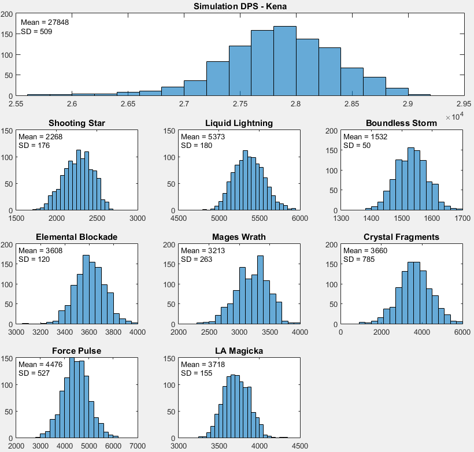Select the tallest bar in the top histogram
pyautogui.click(x=285, y=61)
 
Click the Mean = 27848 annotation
pyautogui.click(x=40, y=23)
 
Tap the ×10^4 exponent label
pyautogui.click(x=455, y=117)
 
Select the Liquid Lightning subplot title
pyautogui.click(x=239, y=123)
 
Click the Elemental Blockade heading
pyautogui.click(x=77, y=237)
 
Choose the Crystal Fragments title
pyautogui.click(x=401, y=237)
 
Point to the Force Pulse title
pyautogui.click(x=77, y=351)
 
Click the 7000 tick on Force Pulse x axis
pyautogui.click(x=138, y=446)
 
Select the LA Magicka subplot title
pyautogui.click(x=239, y=351)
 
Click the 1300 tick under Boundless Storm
pyautogui.click(x=341, y=218)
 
